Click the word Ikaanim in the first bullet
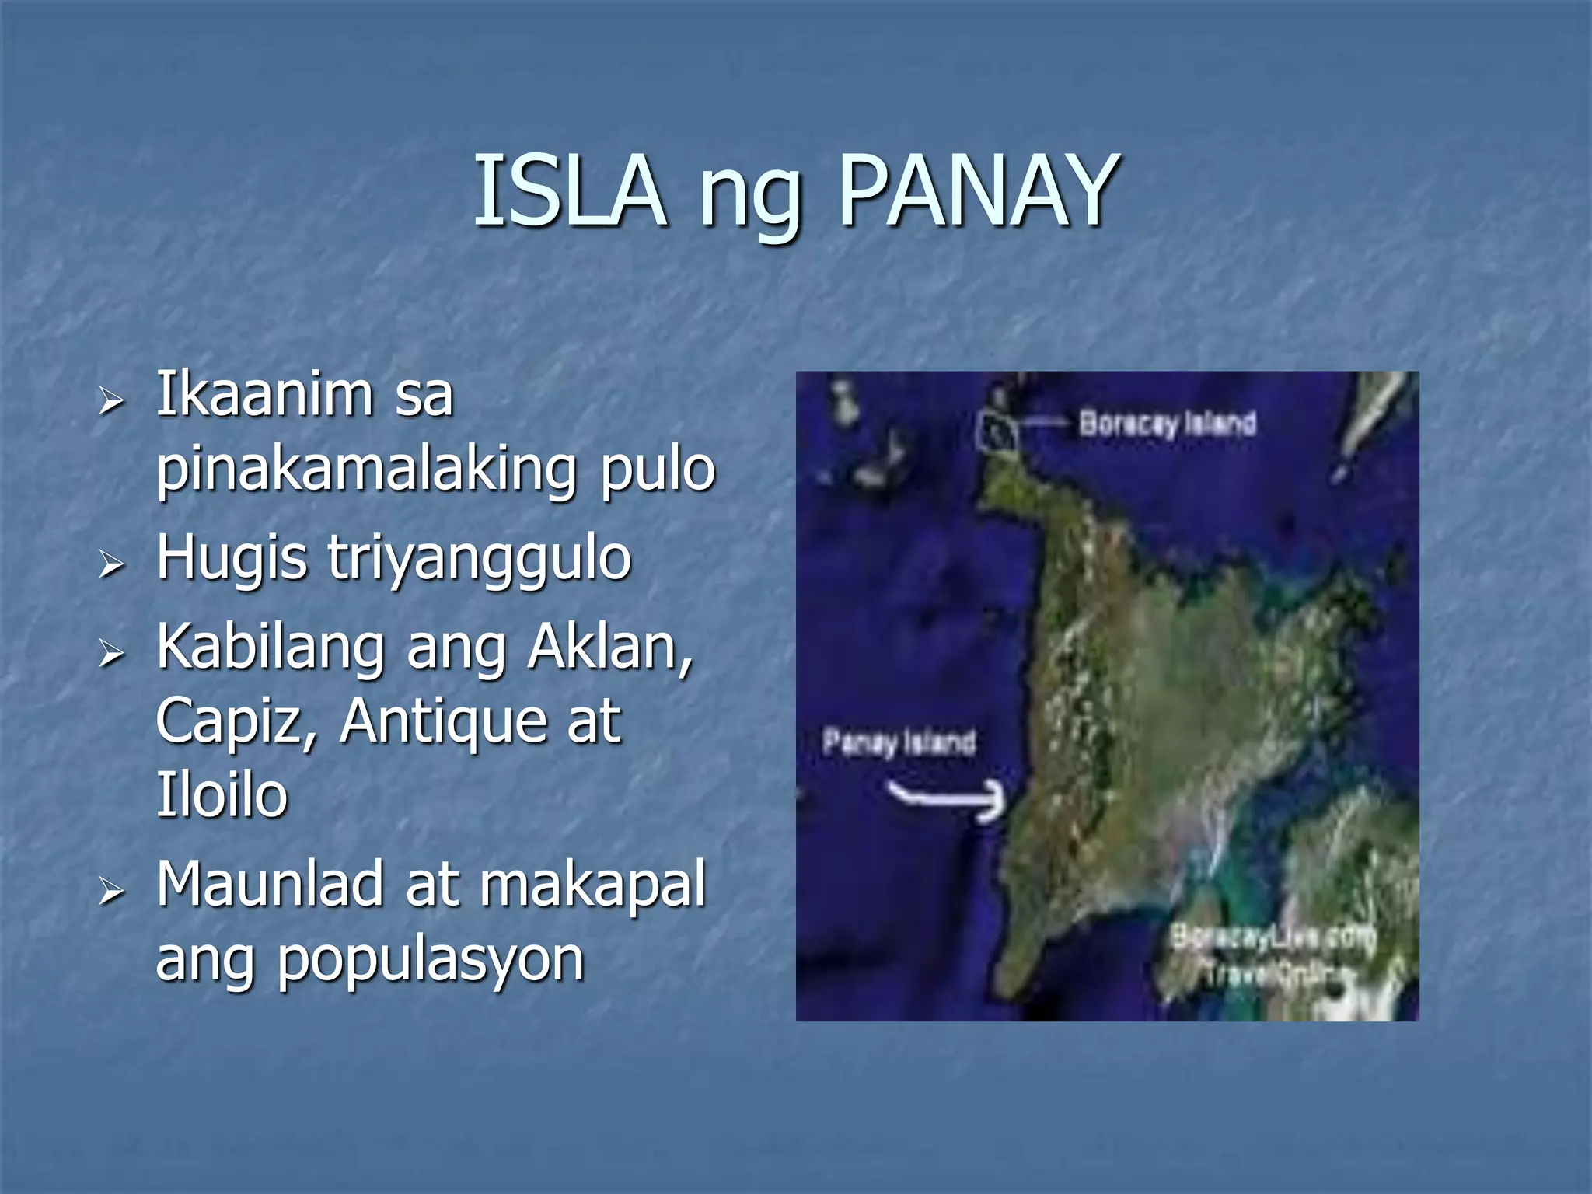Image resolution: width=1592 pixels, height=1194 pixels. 265,394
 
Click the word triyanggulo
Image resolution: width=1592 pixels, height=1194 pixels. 480,557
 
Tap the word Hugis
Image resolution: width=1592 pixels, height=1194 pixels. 232,557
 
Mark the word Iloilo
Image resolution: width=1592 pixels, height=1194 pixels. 222,794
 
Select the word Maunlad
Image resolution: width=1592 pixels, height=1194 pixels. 270,884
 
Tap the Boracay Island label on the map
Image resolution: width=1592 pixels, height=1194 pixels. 1167,424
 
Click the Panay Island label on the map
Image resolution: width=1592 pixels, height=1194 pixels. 899,742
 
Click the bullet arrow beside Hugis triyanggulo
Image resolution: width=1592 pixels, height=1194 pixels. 112,563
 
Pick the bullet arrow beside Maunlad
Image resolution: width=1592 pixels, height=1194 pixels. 112,891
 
